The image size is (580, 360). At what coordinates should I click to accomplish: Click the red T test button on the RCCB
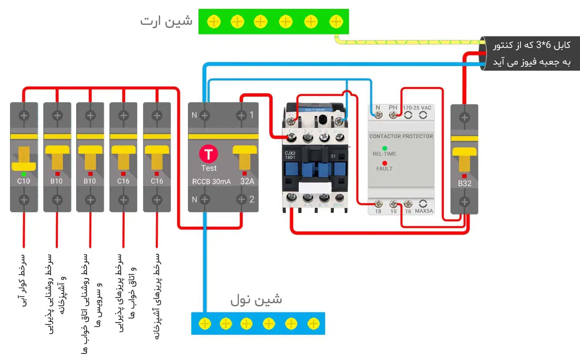[208, 154]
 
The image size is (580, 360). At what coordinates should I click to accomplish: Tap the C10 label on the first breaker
[24, 181]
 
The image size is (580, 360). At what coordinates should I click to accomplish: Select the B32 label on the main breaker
[464, 183]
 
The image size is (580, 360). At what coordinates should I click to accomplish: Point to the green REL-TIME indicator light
[385, 148]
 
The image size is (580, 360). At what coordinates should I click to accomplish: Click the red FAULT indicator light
[385, 163]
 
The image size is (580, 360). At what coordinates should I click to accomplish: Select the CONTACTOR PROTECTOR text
[401, 136]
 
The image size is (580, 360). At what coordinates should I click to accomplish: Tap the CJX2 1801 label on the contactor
[290, 155]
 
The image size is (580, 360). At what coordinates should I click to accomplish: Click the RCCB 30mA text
[211, 182]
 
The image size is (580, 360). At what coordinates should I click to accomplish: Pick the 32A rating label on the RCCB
[247, 181]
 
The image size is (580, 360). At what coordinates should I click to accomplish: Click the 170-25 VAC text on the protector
[417, 108]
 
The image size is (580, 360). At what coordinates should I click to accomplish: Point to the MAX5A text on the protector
[424, 211]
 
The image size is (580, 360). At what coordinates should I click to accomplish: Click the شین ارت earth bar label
[166, 21]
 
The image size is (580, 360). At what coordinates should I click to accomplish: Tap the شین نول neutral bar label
[256, 300]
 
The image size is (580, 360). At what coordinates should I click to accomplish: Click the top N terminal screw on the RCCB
[205, 115]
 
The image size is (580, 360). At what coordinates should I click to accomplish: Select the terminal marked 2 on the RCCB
[242, 199]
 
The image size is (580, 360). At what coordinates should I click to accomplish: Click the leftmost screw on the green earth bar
[214, 22]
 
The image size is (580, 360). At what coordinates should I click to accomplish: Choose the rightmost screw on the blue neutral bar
[314, 324]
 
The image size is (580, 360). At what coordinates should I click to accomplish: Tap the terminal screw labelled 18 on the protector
[379, 204]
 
